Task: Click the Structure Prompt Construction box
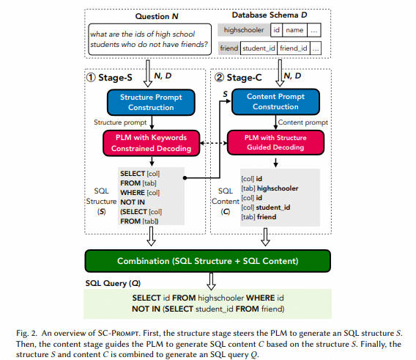pos(151,103)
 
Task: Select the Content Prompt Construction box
pos(275,102)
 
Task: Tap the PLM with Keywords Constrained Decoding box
pos(151,143)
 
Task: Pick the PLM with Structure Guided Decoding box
pos(275,142)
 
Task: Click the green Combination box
pos(208,261)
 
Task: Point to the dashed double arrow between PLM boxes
pos(214,143)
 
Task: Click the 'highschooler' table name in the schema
pos(244,30)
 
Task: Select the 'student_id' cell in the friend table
pos(259,48)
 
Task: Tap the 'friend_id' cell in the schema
pos(294,48)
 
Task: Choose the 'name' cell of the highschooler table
pos(294,30)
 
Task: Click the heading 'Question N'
pos(157,16)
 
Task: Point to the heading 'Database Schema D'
pos(270,15)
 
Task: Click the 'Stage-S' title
pos(109,78)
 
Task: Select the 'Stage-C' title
pos(238,78)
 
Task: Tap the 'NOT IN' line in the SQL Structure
pos(133,202)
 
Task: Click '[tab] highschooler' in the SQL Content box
pos(270,188)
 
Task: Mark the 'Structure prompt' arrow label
pos(120,122)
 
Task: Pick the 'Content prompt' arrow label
pos(303,122)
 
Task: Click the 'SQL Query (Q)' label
pos(113,283)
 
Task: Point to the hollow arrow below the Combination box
pos(211,281)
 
